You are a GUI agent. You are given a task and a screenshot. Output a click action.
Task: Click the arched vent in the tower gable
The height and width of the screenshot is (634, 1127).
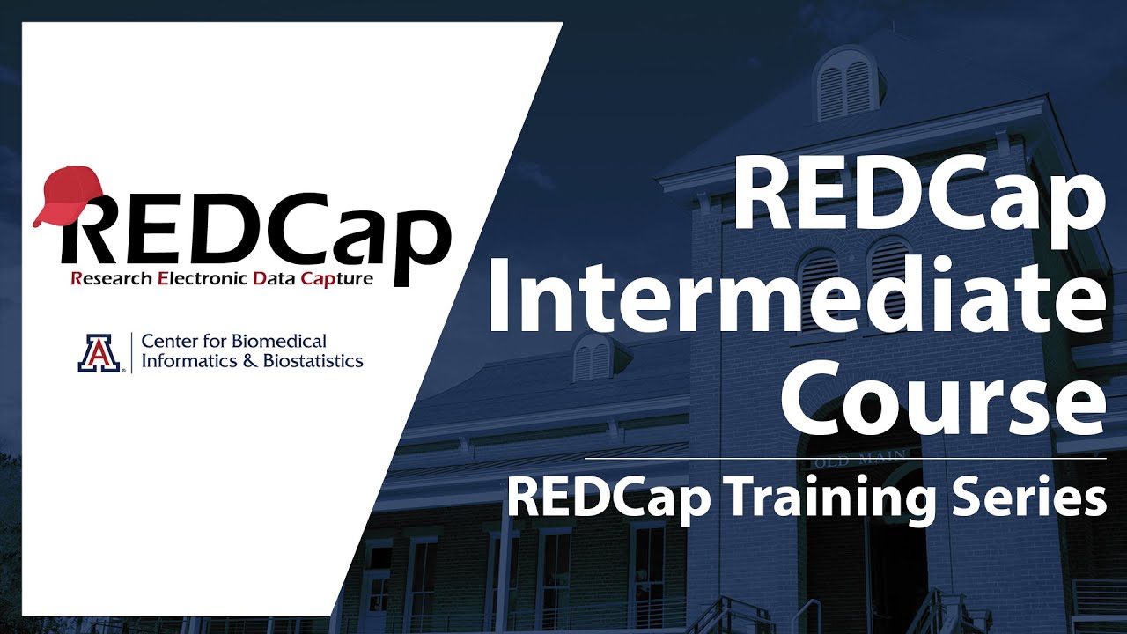pos(846,88)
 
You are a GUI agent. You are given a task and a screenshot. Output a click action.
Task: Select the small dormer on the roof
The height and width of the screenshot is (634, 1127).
pos(593,357)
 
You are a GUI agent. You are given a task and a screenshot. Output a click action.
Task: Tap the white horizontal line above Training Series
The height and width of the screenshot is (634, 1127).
pos(845,459)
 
